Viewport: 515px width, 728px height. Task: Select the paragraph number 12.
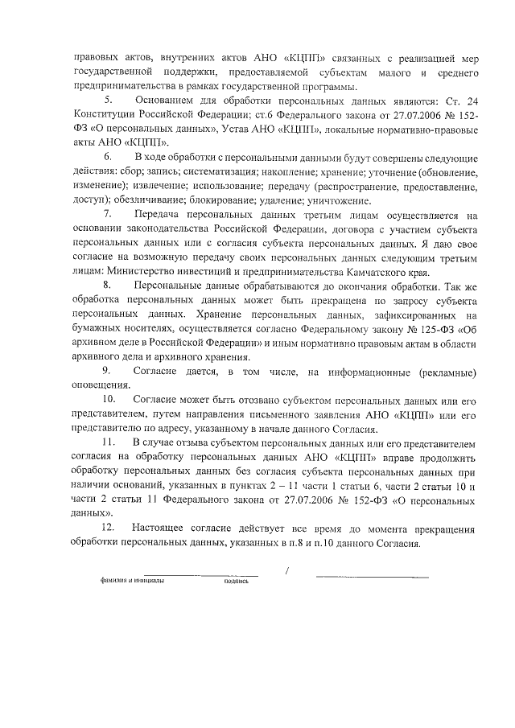pyautogui.click(x=109, y=528)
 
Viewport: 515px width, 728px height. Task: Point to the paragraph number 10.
pyautogui.click(x=109, y=400)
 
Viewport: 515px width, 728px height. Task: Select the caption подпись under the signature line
pyautogui.click(x=237, y=582)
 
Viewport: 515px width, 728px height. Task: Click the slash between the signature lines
pyautogui.click(x=287, y=571)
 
